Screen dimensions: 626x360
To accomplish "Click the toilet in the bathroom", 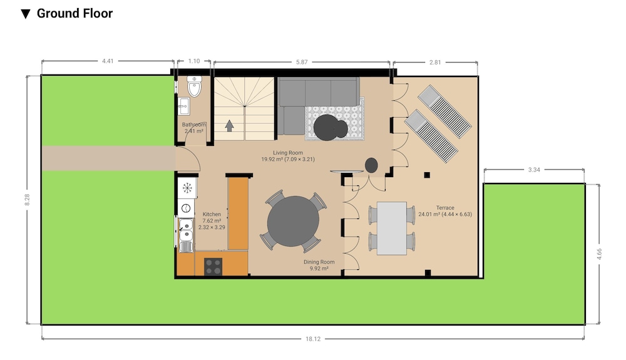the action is coord(195,86).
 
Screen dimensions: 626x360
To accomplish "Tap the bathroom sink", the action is coord(183,106).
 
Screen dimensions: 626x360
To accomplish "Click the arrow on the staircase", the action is coord(229,126).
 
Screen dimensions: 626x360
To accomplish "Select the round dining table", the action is coord(293,221).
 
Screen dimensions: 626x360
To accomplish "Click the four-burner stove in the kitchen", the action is coord(213,267).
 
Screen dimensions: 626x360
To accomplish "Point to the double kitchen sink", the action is coord(186,230).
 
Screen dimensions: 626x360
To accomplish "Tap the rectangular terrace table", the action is coord(392,228).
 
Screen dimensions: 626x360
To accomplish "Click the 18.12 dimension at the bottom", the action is coord(313,339).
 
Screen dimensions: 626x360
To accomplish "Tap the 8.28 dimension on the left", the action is coord(27,200).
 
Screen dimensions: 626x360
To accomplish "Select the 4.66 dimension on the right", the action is coord(599,254).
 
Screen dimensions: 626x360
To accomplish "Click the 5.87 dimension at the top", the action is coord(302,62).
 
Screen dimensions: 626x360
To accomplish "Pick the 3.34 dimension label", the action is coord(534,170).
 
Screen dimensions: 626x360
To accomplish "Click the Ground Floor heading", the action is coord(74,13).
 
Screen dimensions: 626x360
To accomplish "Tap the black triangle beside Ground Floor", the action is coord(26,14).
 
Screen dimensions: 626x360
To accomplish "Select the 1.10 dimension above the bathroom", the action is coord(194,61).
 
